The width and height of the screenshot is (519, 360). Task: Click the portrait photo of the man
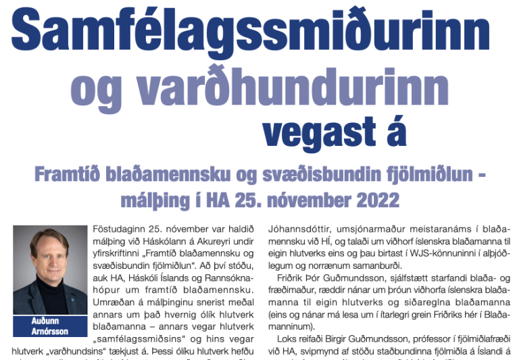tap(50, 269)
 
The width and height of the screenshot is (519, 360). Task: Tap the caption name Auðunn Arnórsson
tap(50, 326)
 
